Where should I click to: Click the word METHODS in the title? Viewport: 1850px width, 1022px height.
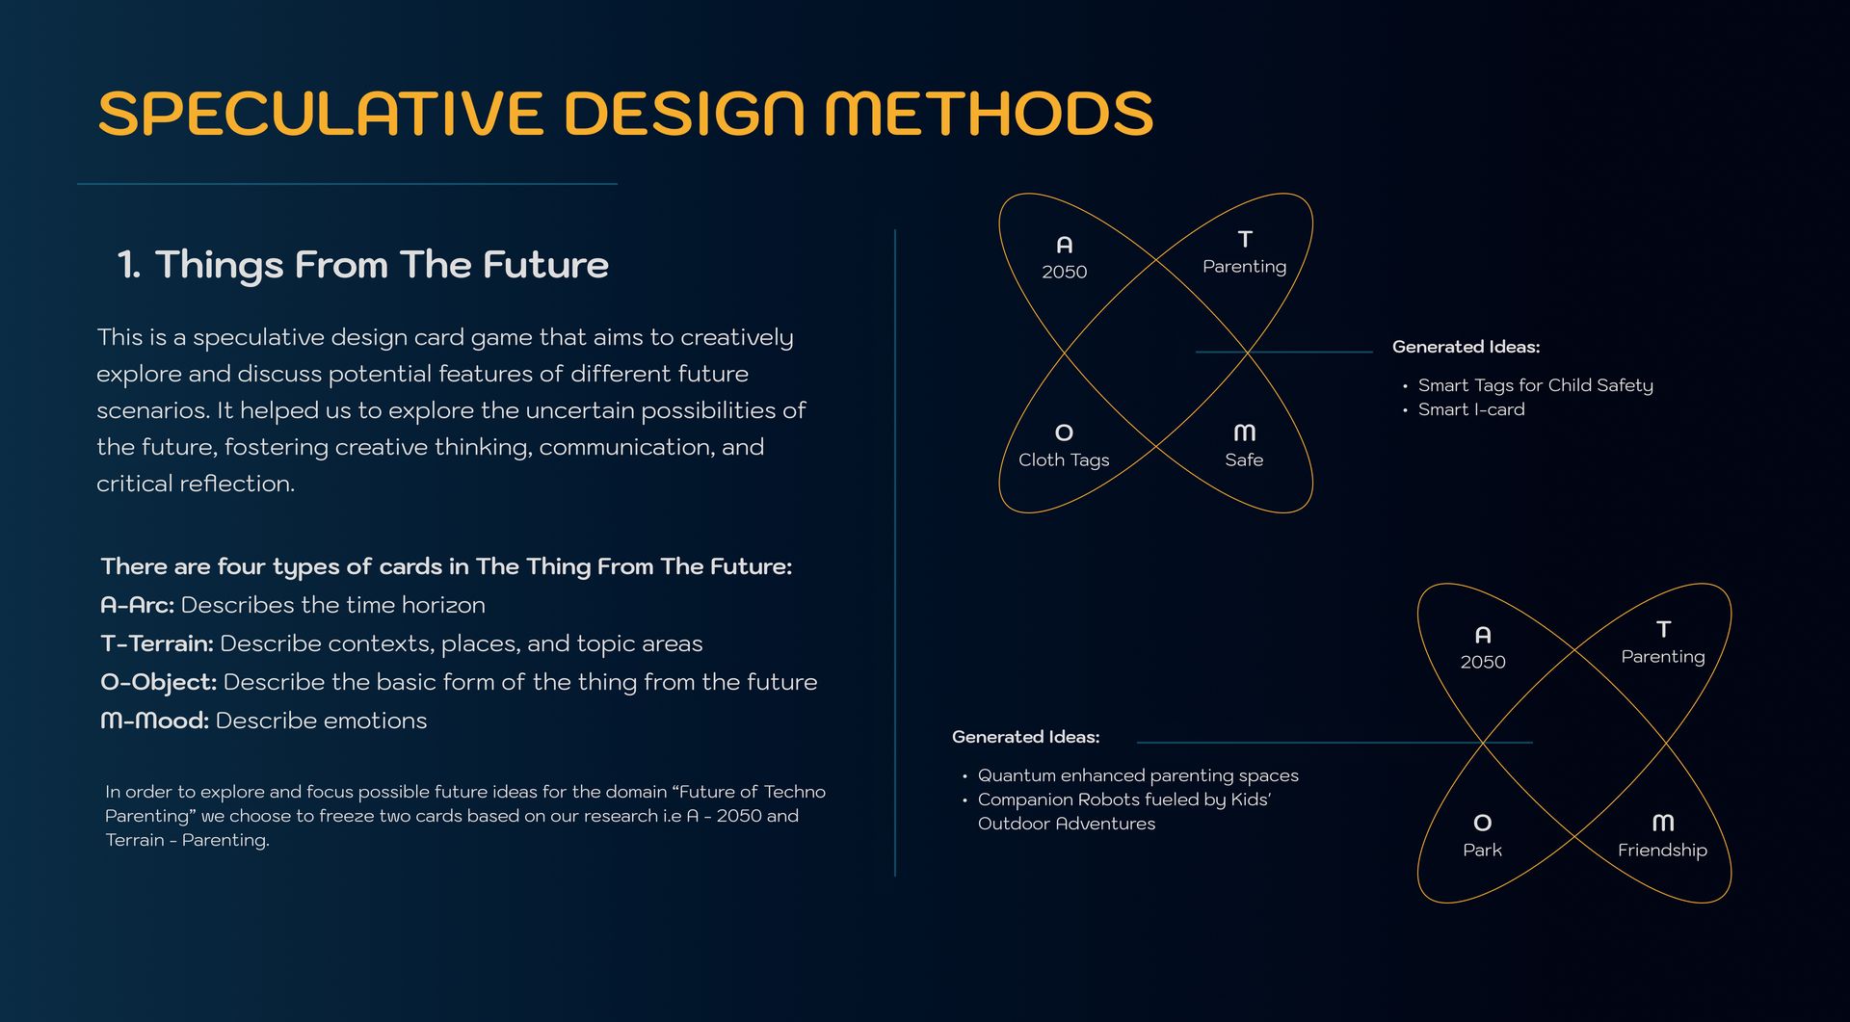click(989, 113)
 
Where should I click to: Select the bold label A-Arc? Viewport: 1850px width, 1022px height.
click(137, 605)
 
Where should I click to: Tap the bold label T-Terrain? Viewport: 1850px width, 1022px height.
click(157, 643)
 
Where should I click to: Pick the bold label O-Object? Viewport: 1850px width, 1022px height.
click(159, 683)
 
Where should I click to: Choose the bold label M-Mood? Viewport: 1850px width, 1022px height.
click(154, 721)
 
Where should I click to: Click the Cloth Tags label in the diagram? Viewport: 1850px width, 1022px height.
click(1064, 460)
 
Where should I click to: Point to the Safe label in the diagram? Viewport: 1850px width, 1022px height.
click(1244, 460)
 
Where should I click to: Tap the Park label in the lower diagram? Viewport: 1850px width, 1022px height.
click(1482, 851)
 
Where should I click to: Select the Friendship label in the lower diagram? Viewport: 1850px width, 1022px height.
click(1662, 851)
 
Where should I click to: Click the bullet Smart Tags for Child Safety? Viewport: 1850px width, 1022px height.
click(1535, 385)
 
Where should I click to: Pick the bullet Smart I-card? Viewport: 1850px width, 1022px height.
click(1471, 409)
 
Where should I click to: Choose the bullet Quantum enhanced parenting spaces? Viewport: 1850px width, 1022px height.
click(1138, 775)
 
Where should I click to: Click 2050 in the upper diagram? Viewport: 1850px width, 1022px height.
click(1064, 273)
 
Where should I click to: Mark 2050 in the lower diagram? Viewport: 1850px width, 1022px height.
click(1482, 663)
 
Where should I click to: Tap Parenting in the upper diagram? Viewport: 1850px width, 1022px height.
click(1244, 267)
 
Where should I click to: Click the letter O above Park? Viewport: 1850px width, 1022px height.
click(1482, 823)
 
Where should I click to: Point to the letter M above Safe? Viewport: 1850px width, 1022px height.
click(1244, 432)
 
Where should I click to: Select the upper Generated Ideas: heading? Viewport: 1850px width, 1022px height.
click(1466, 347)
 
